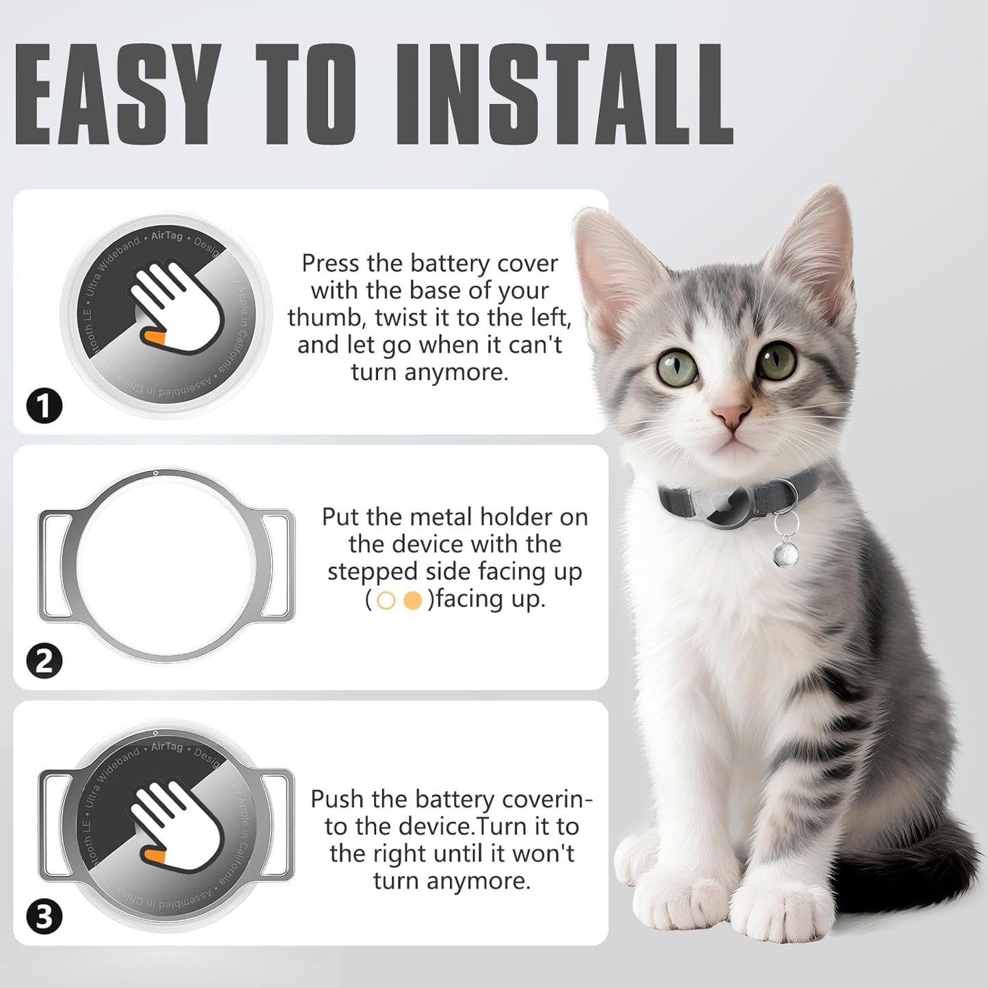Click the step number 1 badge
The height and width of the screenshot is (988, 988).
point(44,407)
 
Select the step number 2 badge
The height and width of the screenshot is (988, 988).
point(44,661)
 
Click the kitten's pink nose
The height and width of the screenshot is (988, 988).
point(730,414)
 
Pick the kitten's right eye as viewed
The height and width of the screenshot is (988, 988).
point(779,360)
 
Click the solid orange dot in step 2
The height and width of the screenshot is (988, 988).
point(412,600)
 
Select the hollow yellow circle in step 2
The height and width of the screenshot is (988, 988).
point(386,600)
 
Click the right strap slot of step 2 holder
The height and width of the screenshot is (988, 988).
point(276,566)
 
